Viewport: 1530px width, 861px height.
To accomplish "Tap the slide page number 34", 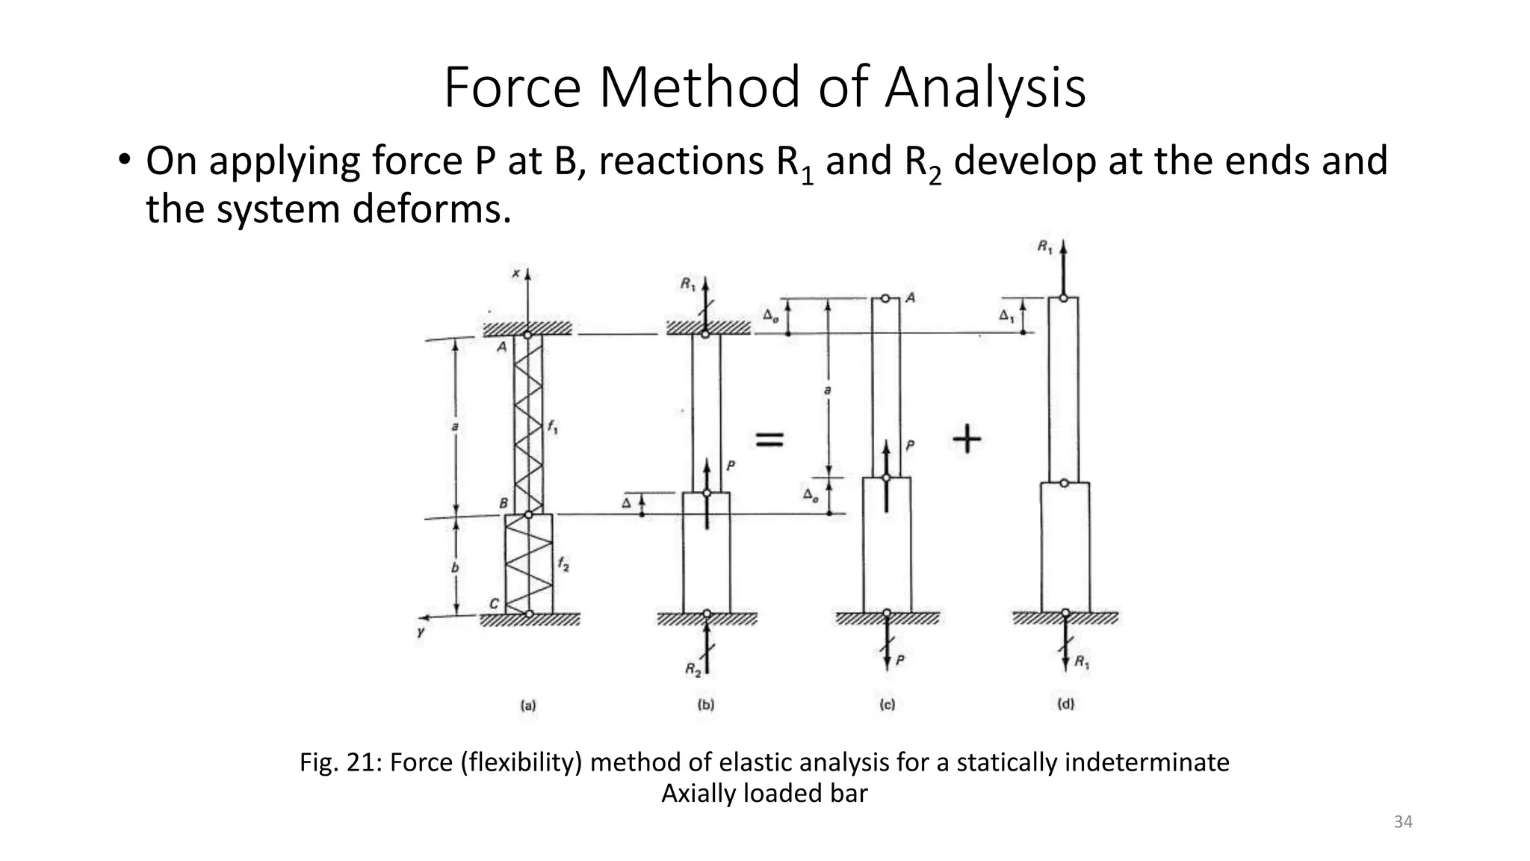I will [x=1403, y=822].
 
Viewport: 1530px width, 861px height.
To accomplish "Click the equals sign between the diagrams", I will [x=769, y=439].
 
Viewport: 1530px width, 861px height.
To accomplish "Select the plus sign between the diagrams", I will [x=967, y=439].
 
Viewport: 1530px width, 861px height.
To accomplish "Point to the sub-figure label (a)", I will [x=528, y=704].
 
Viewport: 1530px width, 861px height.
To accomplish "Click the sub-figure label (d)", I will [x=1065, y=704].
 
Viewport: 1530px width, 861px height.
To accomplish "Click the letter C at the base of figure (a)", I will [x=494, y=604].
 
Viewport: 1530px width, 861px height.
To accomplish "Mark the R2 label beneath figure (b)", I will [x=693, y=670].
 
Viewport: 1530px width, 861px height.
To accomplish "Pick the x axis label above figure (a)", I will [x=515, y=274].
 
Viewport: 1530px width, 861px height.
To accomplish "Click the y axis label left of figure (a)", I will [x=421, y=632].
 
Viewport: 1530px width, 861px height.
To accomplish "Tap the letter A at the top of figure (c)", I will [x=910, y=298].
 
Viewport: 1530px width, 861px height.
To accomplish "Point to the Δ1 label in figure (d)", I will [x=1006, y=316].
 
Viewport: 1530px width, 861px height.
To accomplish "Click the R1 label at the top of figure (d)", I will [x=1044, y=247].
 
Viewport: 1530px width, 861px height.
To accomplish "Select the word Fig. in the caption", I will [x=318, y=762].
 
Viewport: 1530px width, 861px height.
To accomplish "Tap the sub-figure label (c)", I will [x=888, y=704].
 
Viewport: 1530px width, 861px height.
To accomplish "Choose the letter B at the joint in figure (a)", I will [x=504, y=504].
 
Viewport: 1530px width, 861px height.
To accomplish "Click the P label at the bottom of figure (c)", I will [x=901, y=661].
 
